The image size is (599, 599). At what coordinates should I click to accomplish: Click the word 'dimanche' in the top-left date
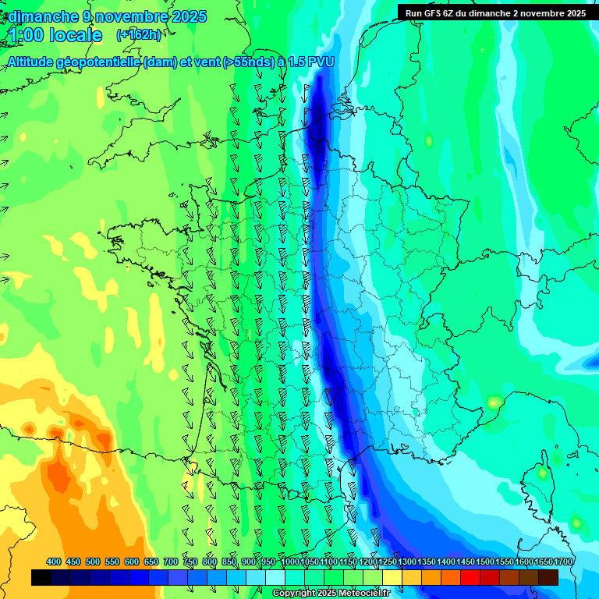[x=43, y=16]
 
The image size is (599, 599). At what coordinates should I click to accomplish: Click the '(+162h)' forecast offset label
[x=139, y=35]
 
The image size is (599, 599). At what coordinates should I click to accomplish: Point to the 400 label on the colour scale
[x=54, y=562]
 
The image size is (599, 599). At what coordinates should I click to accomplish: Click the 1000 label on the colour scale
[x=290, y=562]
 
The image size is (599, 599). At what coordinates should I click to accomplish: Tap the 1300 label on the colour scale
[x=407, y=562]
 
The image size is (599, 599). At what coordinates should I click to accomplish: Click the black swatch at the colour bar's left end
[x=41, y=578]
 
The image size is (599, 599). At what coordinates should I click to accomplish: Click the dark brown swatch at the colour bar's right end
[x=548, y=578]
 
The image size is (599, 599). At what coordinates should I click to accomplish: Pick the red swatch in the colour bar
[x=470, y=578]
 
